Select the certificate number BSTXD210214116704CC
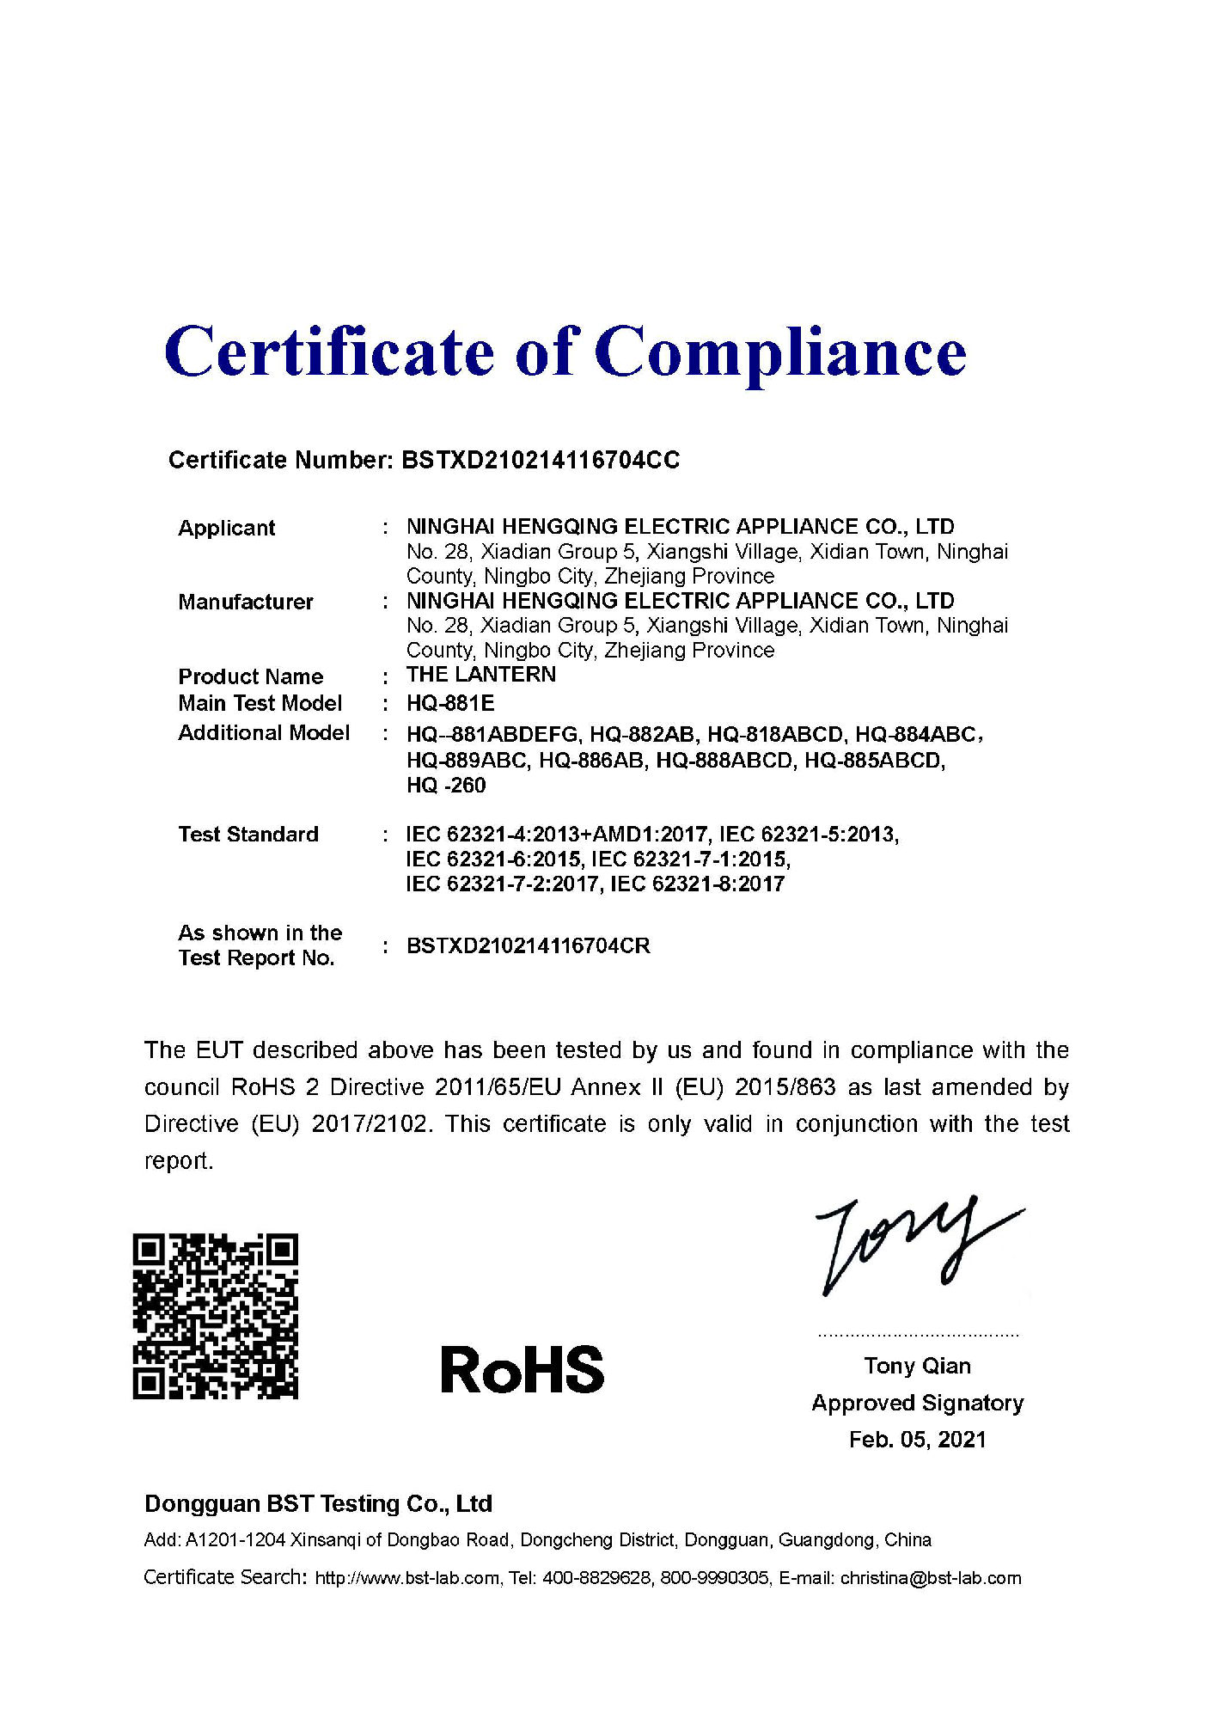click(541, 461)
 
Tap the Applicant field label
click(226, 528)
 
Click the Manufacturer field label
click(245, 602)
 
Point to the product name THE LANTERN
click(481, 675)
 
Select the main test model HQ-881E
click(450, 704)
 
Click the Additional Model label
click(264, 733)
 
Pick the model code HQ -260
click(446, 786)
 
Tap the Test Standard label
click(248, 835)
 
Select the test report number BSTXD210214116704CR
click(528, 946)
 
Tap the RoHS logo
click(522, 1370)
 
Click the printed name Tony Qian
click(917, 1366)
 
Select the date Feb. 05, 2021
click(917, 1440)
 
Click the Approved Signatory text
click(917, 1403)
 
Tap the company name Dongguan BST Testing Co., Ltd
click(318, 1503)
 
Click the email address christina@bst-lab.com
click(931, 1578)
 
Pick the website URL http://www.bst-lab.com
click(406, 1578)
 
